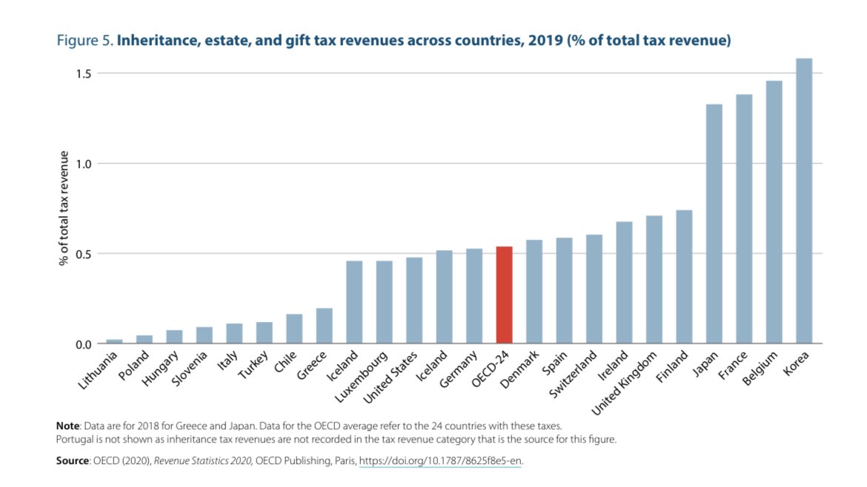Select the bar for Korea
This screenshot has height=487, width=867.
(x=803, y=201)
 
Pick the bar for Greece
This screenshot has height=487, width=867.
(x=324, y=326)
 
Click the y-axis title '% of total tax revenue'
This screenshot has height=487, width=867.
(x=64, y=209)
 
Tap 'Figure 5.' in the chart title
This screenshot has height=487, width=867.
(x=84, y=40)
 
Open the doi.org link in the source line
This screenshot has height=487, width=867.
(x=441, y=461)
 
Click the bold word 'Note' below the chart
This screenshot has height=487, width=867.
(x=68, y=426)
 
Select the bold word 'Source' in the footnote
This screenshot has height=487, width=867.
(x=72, y=461)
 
